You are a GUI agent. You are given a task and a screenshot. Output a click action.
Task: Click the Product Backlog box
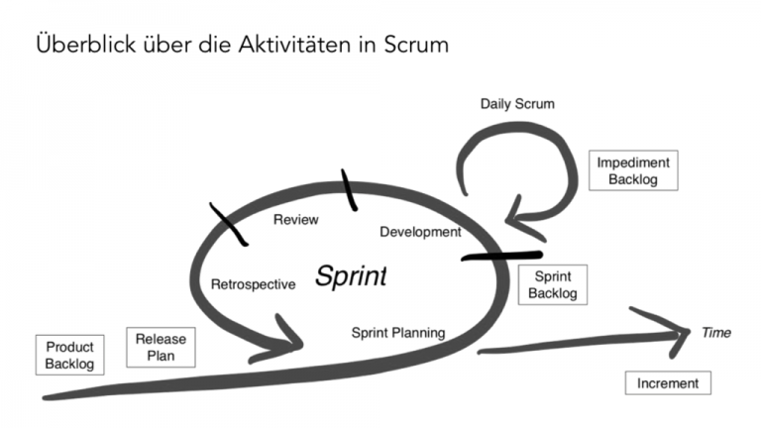(69, 355)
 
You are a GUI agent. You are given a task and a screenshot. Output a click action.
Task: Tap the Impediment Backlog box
(633, 170)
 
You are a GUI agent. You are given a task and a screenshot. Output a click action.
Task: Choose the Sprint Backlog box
(551, 285)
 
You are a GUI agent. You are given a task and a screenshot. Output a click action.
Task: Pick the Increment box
(667, 383)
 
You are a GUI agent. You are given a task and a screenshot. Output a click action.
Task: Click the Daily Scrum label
(517, 103)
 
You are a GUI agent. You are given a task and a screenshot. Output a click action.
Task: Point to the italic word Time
(716, 333)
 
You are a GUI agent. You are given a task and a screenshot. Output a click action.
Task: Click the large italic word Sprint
(350, 276)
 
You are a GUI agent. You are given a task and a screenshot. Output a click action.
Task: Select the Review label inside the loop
(295, 219)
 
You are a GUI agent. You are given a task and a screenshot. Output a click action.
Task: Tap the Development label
(420, 233)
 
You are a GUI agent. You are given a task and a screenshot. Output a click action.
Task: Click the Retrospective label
(253, 284)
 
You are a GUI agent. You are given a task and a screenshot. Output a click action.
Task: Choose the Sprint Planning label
(398, 332)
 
